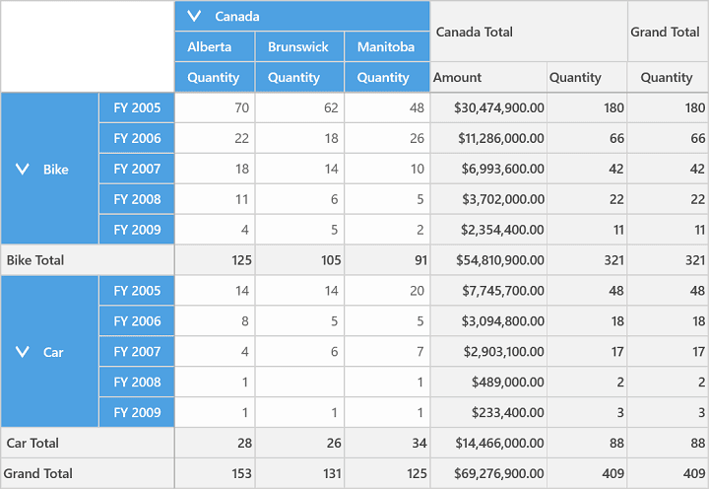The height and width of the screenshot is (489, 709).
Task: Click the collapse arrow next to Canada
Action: coord(194,17)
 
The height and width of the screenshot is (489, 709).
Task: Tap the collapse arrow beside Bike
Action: coord(22,170)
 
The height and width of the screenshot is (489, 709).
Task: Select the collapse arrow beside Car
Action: coord(22,352)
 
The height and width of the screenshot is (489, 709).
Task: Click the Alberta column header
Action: coord(210,46)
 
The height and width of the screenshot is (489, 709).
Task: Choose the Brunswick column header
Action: coord(298,46)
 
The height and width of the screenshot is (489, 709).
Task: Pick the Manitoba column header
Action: coord(386,46)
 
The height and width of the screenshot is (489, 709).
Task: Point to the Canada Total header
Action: coord(475,32)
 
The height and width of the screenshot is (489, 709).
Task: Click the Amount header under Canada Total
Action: coord(457,78)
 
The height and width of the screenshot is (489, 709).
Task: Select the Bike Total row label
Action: coord(35,260)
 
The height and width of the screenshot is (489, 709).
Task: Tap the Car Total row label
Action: coord(32,443)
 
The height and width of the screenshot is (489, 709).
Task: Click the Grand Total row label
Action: coord(38,473)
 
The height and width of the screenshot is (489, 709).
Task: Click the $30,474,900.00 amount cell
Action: coord(499,107)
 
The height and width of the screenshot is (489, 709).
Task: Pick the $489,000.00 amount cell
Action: coord(508,383)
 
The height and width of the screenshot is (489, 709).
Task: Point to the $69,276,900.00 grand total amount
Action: coord(499,473)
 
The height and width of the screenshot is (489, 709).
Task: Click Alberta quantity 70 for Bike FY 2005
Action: coord(242,107)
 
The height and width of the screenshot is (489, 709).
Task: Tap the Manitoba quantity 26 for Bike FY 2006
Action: coord(417,138)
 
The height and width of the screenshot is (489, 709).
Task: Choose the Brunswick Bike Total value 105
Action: coord(331,260)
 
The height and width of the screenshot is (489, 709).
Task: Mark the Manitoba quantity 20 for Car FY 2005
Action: coord(417,291)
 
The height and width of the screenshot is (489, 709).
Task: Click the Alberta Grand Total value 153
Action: coord(241,473)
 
